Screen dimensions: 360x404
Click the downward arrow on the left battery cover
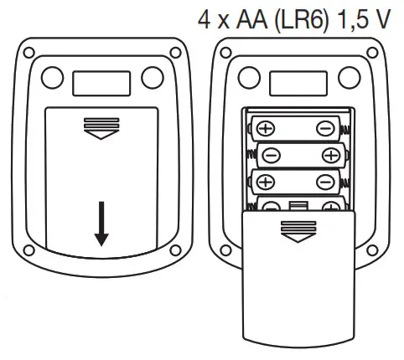click(x=101, y=224)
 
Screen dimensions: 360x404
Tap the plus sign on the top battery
click(x=265, y=128)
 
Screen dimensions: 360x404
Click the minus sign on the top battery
click(x=324, y=128)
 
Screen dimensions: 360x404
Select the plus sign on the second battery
click(x=331, y=155)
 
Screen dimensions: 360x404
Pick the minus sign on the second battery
click(x=272, y=155)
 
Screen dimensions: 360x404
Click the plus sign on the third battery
click(x=265, y=182)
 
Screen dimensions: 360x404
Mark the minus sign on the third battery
click(x=324, y=182)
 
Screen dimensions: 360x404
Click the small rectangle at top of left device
click(x=102, y=80)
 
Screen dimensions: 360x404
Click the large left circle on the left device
click(x=53, y=77)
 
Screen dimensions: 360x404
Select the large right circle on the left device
click(x=151, y=77)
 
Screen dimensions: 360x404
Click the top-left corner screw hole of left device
click(x=30, y=52)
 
